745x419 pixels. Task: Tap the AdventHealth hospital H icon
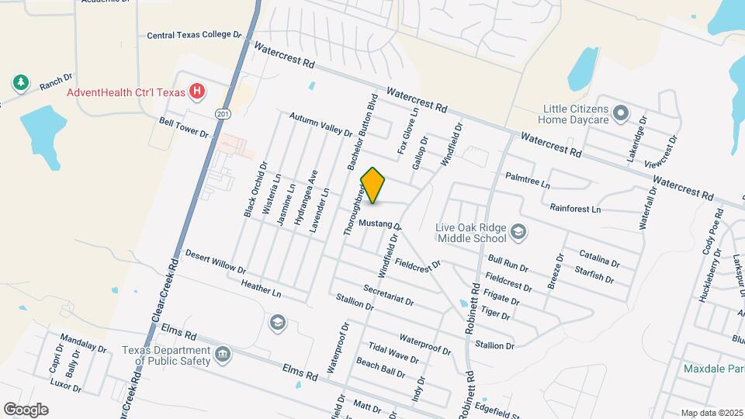coord(198,92)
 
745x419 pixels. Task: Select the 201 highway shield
coord(223,114)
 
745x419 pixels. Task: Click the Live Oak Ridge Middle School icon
coord(519,231)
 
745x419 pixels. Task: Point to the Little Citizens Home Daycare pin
coord(620,114)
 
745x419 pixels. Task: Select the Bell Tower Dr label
coord(184,127)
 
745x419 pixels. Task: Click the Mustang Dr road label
coord(379,223)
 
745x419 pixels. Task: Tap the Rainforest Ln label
coord(575,209)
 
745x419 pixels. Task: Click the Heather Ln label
coord(261,288)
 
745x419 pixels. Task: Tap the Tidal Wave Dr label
coord(393,354)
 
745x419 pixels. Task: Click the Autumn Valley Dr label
coord(321,124)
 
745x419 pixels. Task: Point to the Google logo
coord(26,409)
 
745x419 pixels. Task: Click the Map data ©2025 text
coord(712,413)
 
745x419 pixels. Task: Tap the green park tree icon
coord(19,82)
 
